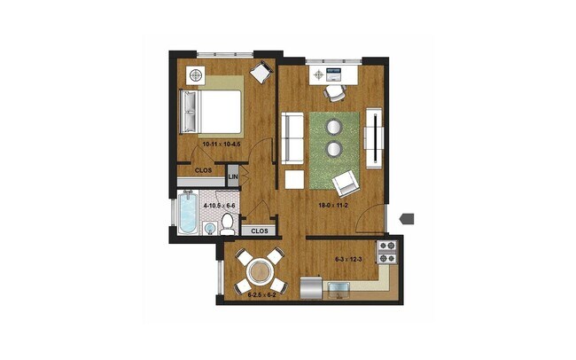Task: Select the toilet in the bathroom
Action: [227, 225]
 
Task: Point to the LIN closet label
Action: [233, 177]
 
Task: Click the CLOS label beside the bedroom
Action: [203, 170]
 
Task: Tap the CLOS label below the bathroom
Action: [259, 231]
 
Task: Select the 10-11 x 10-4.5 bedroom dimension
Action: [210, 144]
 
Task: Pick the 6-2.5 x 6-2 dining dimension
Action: [262, 294]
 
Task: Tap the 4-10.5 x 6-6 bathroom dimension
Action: [219, 206]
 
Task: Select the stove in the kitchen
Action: [387, 252]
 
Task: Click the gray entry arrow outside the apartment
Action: [407, 217]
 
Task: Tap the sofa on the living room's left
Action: [292, 138]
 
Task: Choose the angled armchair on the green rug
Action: [345, 184]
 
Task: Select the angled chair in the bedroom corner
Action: [261, 71]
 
